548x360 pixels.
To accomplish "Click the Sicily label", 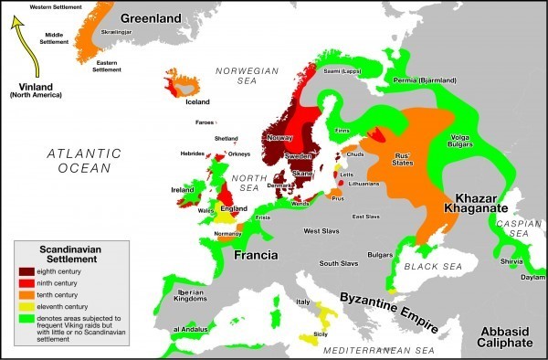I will [320, 335].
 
